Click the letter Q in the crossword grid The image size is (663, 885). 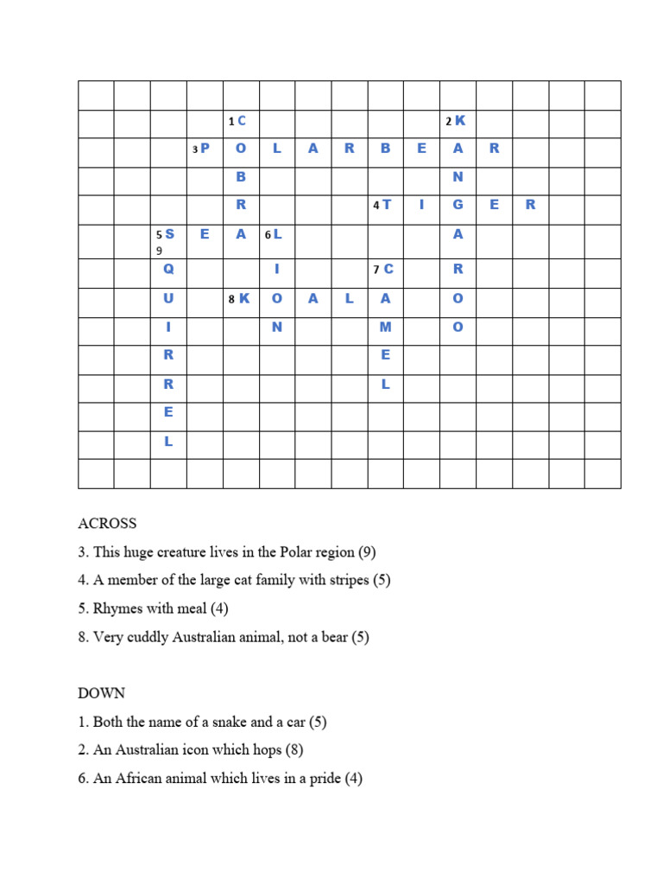pyautogui.click(x=168, y=269)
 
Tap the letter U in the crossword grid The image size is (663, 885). pyautogui.click(x=168, y=298)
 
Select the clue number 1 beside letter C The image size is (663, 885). pyautogui.click(x=231, y=121)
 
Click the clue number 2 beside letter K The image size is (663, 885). pyautogui.click(x=449, y=121)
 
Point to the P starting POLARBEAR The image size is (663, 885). pyautogui.click(x=205, y=149)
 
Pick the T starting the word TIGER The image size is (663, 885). pyautogui.click(x=387, y=205)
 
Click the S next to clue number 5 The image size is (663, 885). pyautogui.click(x=169, y=234)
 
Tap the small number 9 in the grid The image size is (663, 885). pyautogui.click(x=159, y=251)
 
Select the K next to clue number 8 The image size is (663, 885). pyautogui.click(x=244, y=298)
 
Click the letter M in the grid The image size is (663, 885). pyautogui.click(x=386, y=328)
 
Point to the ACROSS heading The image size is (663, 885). pyautogui.click(x=107, y=524)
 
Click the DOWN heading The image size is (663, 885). pyautogui.click(x=101, y=693)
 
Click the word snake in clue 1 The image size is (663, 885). pyautogui.click(x=218, y=721)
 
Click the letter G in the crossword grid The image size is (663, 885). pyautogui.click(x=458, y=205)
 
